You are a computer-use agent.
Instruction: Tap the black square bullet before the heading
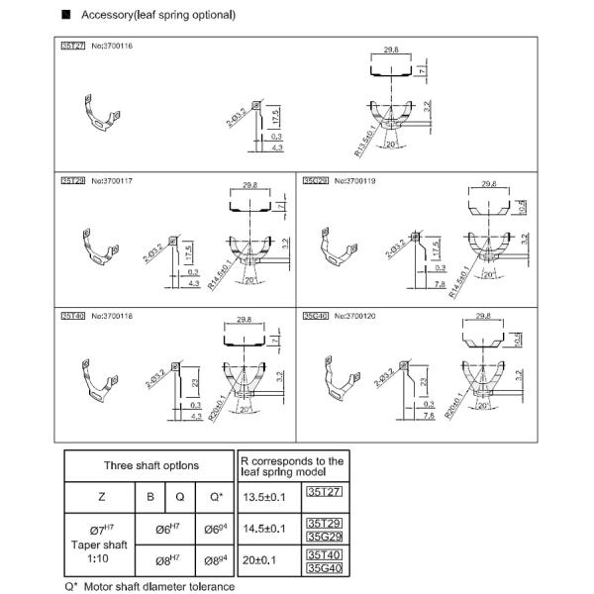66,16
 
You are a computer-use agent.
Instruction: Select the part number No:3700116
111,46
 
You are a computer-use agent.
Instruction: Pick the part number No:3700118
111,315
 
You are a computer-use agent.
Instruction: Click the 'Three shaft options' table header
150,465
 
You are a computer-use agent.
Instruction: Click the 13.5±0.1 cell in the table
263,496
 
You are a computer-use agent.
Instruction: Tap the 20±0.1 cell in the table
263,559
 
